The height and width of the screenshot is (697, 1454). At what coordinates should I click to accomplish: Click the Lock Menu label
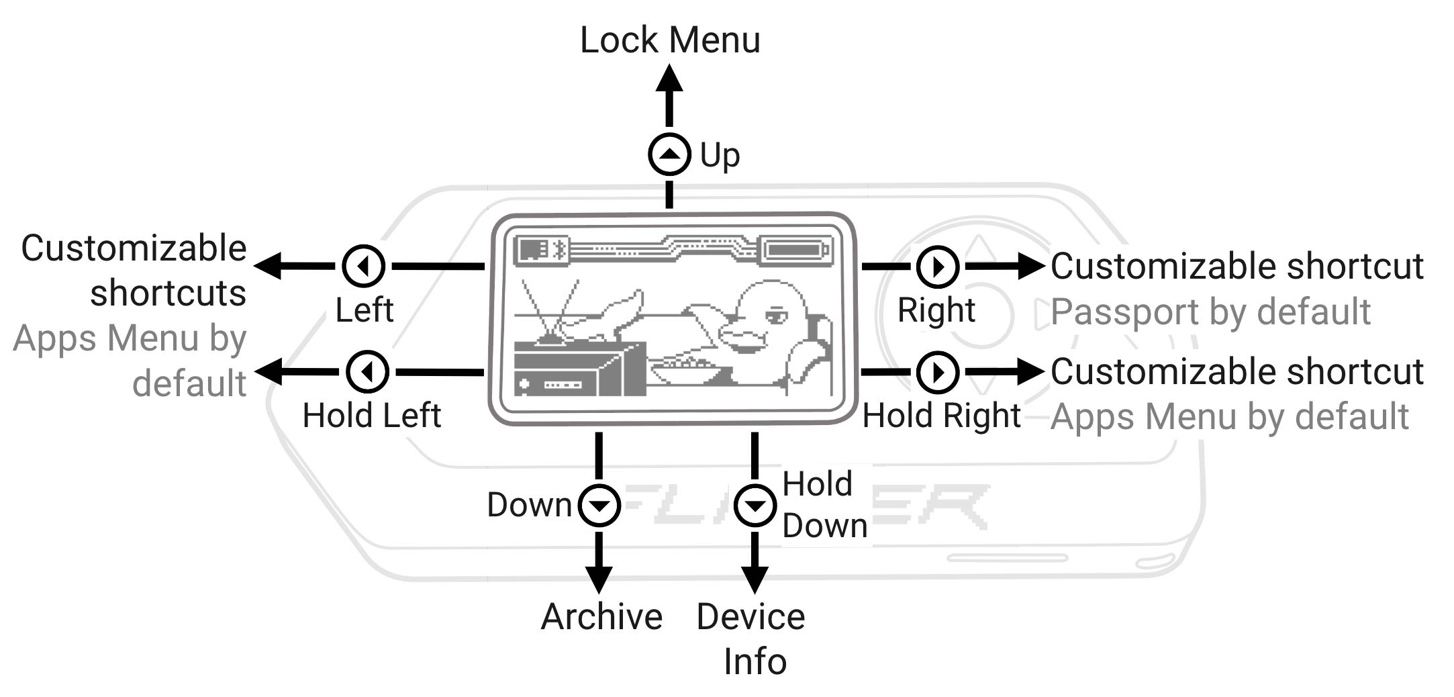click(x=670, y=40)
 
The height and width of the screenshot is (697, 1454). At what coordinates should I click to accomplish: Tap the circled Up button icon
click(x=669, y=154)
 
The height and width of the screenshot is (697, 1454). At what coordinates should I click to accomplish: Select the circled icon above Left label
click(x=363, y=267)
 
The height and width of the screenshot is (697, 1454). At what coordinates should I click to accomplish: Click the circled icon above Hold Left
click(x=367, y=371)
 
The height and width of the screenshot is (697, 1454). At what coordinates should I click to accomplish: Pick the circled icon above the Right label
click(x=938, y=267)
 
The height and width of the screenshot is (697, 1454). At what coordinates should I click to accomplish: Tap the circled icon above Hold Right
click(x=938, y=371)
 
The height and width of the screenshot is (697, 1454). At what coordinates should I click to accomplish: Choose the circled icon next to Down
click(x=599, y=505)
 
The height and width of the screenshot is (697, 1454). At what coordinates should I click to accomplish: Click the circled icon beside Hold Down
click(x=755, y=505)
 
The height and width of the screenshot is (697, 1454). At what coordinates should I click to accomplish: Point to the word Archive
click(x=601, y=616)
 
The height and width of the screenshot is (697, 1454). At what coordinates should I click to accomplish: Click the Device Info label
click(x=752, y=639)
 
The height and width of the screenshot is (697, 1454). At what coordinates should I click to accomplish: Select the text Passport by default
click(x=1210, y=312)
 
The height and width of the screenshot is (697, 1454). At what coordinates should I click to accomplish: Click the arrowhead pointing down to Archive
click(x=599, y=579)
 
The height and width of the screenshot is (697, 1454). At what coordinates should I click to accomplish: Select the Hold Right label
click(x=942, y=416)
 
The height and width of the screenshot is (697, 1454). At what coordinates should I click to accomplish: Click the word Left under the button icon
click(x=364, y=310)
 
